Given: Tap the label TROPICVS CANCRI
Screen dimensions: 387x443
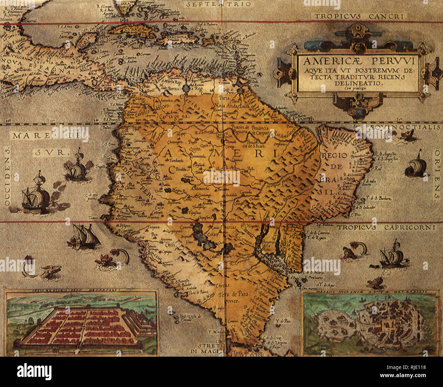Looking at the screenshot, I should (x=360, y=16).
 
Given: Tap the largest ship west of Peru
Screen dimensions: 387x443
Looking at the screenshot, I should (x=36, y=194).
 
